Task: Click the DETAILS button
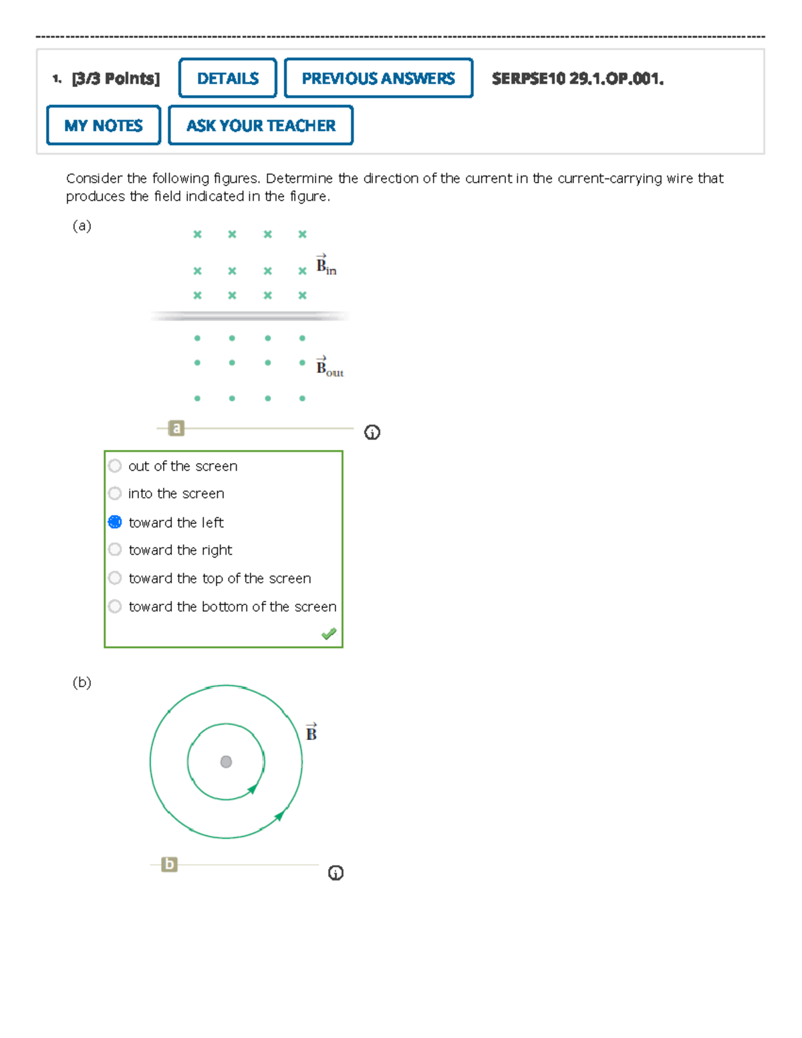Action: click(x=227, y=78)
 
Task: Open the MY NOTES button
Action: click(x=104, y=125)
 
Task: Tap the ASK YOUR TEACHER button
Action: click(x=261, y=125)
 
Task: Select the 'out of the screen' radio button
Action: click(x=115, y=466)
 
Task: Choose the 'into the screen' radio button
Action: click(x=115, y=493)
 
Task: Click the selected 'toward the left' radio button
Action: click(x=115, y=522)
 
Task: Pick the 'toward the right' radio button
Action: click(x=115, y=549)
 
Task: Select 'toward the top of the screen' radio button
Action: click(x=115, y=578)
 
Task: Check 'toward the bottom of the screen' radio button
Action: click(x=115, y=606)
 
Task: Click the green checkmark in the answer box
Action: click(x=329, y=634)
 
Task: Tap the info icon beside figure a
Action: click(x=372, y=432)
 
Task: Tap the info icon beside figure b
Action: click(x=336, y=873)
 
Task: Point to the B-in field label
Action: click(x=326, y=265)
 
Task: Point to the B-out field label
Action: click(x=329, y=368)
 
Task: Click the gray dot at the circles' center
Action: click(x=226, y=762)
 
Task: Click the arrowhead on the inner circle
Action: click(x=253, y=789)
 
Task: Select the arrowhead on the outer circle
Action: click(x=280, y=815)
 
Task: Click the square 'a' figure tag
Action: click(x=176, y=428)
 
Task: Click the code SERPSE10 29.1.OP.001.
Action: click(x=577, y=79)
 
